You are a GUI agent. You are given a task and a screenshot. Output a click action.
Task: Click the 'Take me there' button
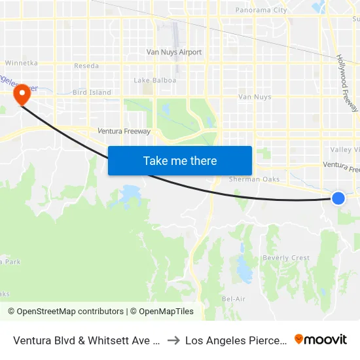(x=180, y=160)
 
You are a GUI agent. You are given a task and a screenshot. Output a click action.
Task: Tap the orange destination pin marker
(x=22, y=94)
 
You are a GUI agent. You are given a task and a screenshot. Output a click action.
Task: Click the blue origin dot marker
(x=338, y=198)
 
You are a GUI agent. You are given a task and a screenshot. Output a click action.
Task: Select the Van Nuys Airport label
(x=174, y=52)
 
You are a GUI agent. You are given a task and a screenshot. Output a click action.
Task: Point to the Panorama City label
(x=261, y=10)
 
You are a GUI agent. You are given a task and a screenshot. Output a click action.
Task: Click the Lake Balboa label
(x=151, y=81)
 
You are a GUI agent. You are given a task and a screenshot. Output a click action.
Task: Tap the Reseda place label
(x=86, y=66)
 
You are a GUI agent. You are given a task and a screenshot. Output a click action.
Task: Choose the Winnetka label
(x=19, y=63)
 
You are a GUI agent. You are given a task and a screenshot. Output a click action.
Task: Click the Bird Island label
(x=92, y=93)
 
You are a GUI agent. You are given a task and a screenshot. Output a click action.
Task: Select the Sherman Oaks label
(x=255, y=179)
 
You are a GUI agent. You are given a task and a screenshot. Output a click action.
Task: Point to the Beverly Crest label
(x=286, y=258)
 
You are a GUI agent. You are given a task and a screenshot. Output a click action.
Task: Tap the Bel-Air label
(x=234, y=299)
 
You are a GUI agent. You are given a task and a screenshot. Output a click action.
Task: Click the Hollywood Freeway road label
(x=348, y=82)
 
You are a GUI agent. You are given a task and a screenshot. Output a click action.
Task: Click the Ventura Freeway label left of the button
(x=124, y=132)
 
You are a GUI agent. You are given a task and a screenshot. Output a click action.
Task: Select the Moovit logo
(x=320, y=339)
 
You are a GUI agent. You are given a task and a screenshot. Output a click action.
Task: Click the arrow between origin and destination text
(x=174, y=340)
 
